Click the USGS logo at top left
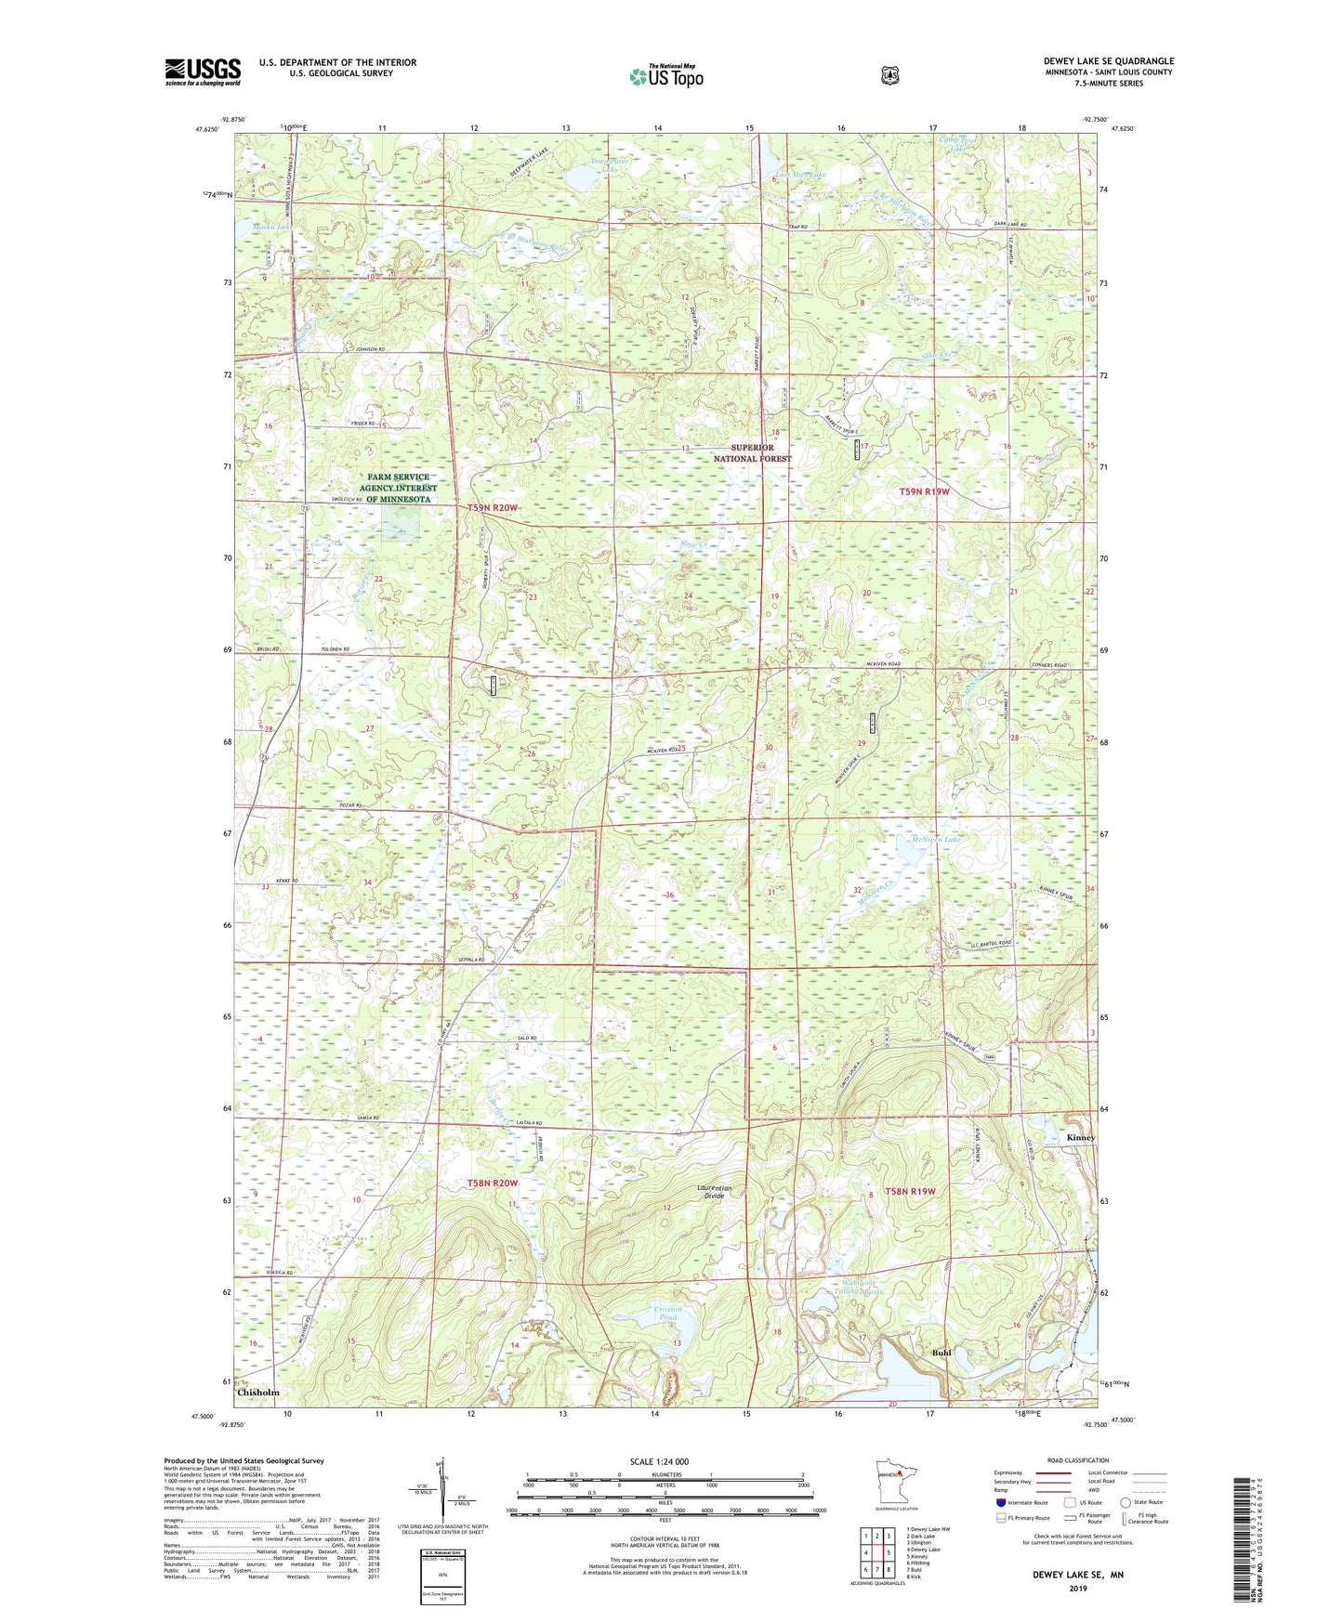click(203, 72)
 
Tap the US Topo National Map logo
click(665, 76)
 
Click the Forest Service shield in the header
click(889, 74)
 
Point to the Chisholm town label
click(257, 1393)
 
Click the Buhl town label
click(941, 1354)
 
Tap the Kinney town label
click(1081, 1138)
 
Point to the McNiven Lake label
click(936, 839)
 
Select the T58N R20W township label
click(492, 1183)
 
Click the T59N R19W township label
click(925, 491)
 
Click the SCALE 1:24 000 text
click(659, 1461)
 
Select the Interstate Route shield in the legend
click(1000, 1502)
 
